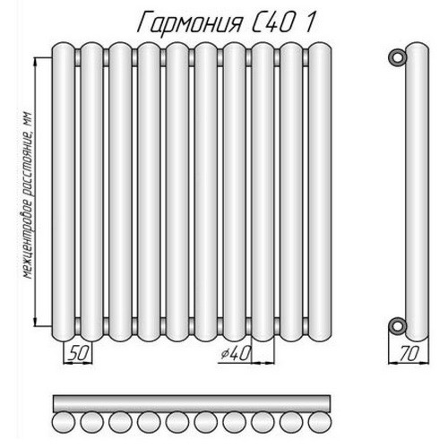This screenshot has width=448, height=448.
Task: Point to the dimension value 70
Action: pos(408,356)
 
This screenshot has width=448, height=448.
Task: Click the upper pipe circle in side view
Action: pos(395,58)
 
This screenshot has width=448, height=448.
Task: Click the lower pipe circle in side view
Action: pos(395,323)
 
